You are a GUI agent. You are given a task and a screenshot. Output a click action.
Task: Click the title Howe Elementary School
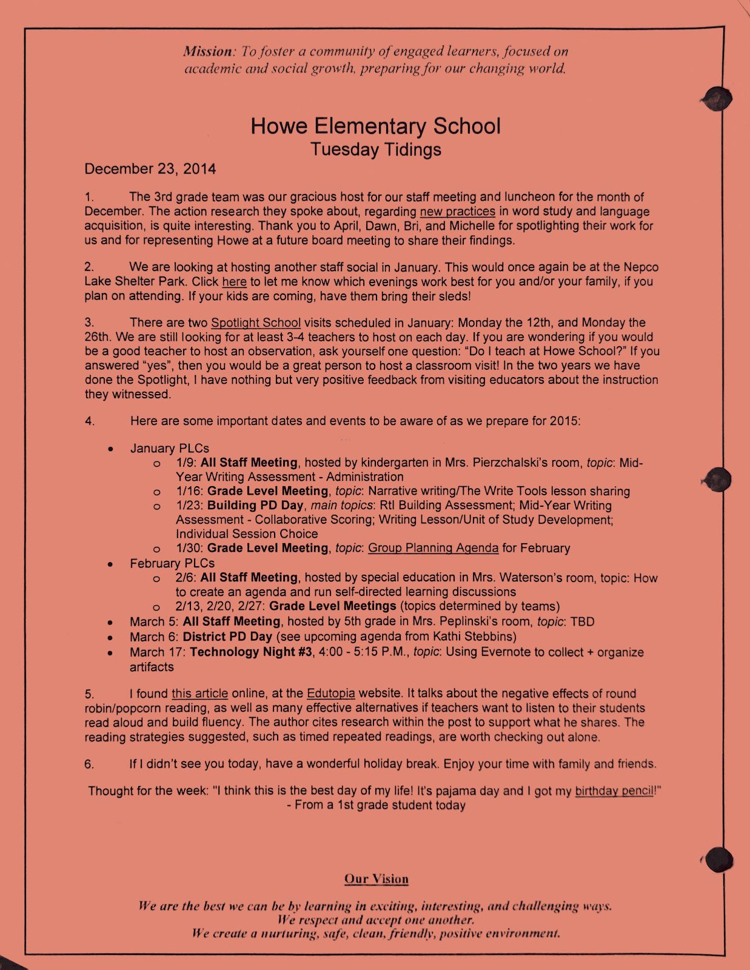pos(375,126)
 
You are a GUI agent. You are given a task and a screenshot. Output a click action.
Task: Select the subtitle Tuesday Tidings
pos(375,149)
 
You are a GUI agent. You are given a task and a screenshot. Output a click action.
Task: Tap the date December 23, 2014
pos(150,169)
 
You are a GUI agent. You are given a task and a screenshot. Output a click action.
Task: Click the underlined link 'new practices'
pos(457,212)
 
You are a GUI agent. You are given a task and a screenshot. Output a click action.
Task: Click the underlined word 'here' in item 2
pos(234,282)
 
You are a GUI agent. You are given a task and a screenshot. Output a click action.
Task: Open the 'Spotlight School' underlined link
pos(255,323)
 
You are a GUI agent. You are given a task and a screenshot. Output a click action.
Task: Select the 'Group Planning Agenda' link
pos(433,548)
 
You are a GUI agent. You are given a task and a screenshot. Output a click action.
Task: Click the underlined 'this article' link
pos(199,694)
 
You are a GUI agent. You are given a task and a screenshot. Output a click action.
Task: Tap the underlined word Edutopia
pos(330,694)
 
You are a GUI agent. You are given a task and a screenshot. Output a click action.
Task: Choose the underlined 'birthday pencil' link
pos(614,791)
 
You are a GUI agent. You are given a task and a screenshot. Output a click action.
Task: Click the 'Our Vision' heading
pos(376,878)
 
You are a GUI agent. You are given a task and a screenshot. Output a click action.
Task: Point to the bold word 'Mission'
pos(208,52)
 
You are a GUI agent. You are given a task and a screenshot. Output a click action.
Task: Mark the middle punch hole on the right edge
pos(718,480)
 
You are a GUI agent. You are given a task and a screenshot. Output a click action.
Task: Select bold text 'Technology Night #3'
pos(251,652)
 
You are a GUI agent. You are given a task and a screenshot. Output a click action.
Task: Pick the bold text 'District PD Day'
pos(227,637)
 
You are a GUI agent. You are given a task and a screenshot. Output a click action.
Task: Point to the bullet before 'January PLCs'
pos(110,449)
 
